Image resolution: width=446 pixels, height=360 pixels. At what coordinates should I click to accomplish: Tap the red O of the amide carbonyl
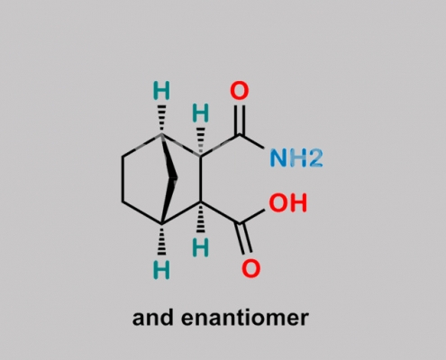coord(240,91)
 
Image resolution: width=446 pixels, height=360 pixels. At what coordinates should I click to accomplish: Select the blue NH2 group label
coord(296,157)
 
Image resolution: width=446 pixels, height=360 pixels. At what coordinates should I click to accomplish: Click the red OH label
coord(287,202)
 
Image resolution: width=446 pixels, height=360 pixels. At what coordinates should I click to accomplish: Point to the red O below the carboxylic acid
coord(250,268)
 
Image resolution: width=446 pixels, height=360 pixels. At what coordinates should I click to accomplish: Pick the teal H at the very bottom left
coord(161,270)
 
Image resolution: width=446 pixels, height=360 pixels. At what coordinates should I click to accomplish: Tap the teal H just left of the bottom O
coord(200,247)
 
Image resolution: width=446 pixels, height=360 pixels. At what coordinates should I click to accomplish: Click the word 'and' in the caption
coord(152,318)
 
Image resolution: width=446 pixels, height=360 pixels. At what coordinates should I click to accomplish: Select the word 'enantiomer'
coord(245,318)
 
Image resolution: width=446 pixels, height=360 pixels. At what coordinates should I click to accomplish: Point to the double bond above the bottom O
coord(245,238)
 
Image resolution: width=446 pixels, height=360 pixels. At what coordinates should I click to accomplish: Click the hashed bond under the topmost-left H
coord(161,119)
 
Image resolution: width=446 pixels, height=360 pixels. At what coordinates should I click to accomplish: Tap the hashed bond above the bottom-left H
coord(161,239)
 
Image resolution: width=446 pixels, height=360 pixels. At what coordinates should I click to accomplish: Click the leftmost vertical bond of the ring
coord(123,179)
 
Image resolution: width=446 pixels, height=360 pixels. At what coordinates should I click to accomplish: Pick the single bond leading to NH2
coord(251,141)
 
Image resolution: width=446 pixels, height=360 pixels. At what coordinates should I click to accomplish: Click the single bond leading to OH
coord(251,217)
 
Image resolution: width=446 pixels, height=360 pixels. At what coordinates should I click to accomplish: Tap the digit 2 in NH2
coord(315,158)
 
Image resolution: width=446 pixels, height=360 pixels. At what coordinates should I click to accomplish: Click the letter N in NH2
coord(278,157)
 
